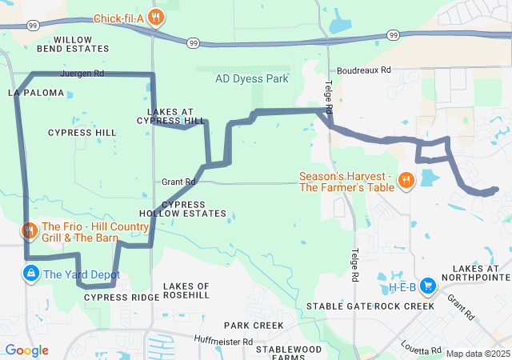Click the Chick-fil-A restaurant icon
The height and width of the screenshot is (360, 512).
157,18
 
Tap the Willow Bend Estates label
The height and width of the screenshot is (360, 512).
81,43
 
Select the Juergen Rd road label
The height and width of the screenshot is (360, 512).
82,73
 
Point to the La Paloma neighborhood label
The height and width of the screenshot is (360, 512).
36,93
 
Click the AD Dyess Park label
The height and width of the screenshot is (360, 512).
252,79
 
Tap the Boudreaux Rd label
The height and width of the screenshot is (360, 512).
363,70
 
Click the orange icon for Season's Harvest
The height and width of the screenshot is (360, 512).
406,180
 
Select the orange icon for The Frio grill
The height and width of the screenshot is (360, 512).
30,231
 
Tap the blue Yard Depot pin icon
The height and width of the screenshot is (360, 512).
30,274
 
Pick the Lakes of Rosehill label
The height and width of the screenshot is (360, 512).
186,290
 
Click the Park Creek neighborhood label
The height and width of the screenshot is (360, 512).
253,326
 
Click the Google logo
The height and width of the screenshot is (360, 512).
26,350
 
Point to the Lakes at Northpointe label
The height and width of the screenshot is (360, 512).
480,273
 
